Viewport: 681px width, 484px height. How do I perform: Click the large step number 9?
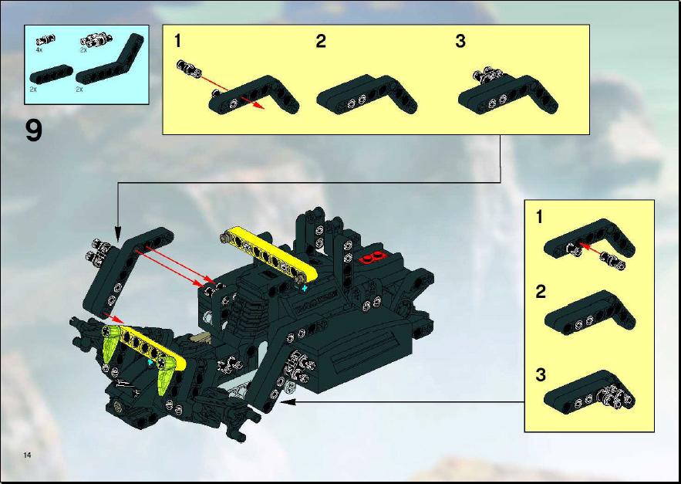[x=34, y=130]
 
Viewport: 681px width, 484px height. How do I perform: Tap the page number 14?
[x=27, y=455]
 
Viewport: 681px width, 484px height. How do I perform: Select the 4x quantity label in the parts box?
[x=39, y=50]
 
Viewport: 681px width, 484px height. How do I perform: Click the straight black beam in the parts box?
[x=51, y=74]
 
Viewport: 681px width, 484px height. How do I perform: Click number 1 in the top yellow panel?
[x=177, y=42]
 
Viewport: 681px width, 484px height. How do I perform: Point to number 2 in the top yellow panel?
[x=321, y=42]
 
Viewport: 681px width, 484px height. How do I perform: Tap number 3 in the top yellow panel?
[x=460, y=42]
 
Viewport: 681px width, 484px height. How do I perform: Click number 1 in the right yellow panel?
[x=539, y=217]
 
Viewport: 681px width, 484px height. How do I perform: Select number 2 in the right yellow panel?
[x=541, y=292]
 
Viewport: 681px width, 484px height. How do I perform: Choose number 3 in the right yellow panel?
[x=541, y=374]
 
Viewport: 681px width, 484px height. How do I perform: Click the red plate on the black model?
[x=373, y=257]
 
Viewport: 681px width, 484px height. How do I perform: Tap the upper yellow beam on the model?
[x=269, y=253]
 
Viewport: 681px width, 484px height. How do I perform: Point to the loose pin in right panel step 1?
[x=612, y=260]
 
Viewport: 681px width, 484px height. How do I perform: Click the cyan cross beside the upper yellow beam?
[x=305, y=288]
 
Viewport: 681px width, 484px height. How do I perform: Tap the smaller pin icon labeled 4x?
[x=46, y=40]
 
